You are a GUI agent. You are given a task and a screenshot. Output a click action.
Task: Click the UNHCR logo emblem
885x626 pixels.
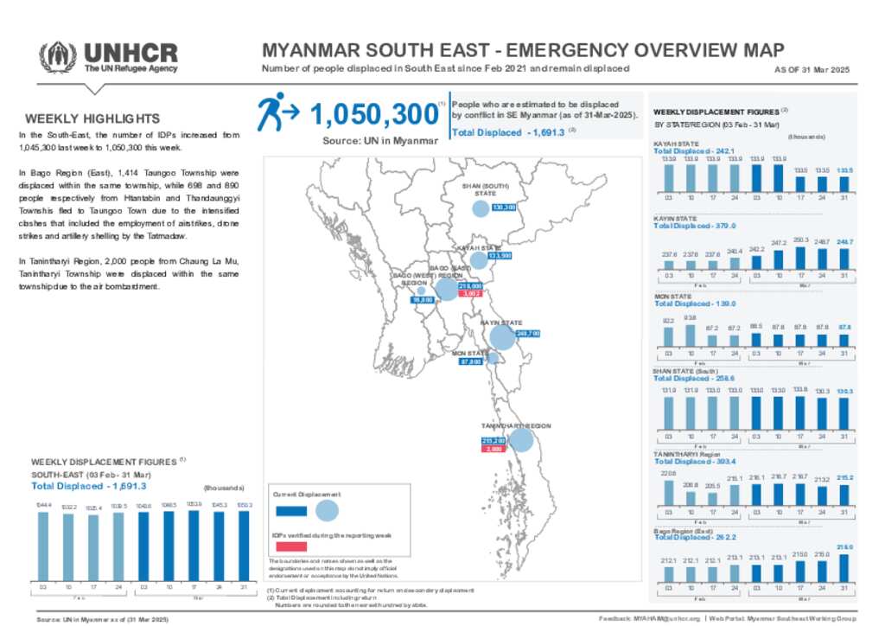58,56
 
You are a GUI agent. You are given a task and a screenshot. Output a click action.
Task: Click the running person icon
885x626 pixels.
277,112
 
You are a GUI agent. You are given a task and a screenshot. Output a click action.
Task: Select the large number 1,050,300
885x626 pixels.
372,114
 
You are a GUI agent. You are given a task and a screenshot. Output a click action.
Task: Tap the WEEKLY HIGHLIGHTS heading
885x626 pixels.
92,118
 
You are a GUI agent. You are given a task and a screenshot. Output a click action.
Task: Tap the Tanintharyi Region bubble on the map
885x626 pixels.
520,441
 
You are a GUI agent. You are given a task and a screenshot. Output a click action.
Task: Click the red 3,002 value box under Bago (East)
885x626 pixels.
470,294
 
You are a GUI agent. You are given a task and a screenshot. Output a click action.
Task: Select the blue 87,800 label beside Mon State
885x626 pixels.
470,362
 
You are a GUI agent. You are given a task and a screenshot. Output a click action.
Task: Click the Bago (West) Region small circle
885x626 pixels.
421,291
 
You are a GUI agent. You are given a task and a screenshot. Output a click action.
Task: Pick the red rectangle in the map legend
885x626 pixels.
292,546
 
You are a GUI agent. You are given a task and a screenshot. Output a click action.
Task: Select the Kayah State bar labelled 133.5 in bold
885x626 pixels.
845,182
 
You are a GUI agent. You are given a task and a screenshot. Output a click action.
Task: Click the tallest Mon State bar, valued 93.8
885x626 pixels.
690,335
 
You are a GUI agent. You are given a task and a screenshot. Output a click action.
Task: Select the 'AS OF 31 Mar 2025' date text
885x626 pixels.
817,70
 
